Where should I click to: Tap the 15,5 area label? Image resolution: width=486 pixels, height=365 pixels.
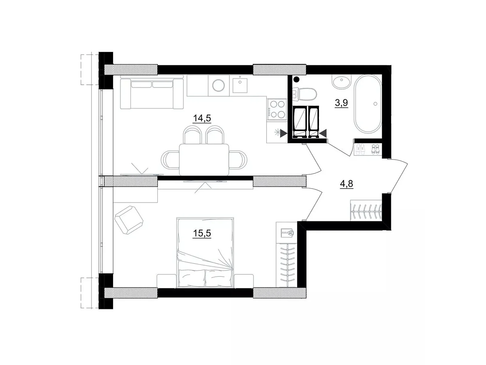pyautogui.click(x=202, y=233)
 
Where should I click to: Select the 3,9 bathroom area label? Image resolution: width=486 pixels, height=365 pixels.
pyautogui.click(x=341, y=103)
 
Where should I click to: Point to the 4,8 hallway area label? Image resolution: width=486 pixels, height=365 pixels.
pyautogui.click(x=346, y=184)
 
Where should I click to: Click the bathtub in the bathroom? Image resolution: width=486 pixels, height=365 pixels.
pyautogui.click(x=368, y=104)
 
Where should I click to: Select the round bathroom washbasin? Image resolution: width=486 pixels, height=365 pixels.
pyautogui.click(x=342, y=82)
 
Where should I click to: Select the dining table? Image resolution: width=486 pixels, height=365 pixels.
pyautogui.click(x=204, y=160)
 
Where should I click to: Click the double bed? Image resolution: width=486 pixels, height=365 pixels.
pyautogui.click(x=205, y=253)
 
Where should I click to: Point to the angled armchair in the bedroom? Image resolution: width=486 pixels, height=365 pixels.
pyautogui.click(x=129, y=220)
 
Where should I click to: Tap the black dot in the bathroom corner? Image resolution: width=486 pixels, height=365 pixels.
pyautogui.click(x=296, y=79)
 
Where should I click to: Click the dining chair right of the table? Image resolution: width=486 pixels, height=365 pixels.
pyautogui.click(x=238, y=160)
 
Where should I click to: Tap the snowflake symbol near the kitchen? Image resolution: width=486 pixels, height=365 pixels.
pyautogui.click(x=277, y=133)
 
